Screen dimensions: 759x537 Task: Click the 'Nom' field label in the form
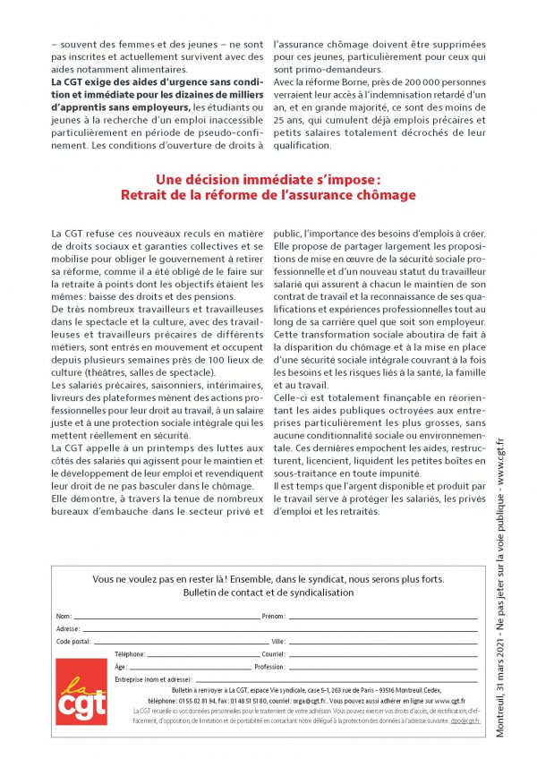(64, 617)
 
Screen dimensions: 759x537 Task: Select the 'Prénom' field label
(272, 617)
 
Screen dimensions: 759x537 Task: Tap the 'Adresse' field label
(68, 629)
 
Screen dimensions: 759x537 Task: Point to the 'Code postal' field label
(73, 642)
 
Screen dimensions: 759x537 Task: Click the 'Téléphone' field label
(131, 654)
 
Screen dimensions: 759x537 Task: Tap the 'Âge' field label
(121, 667)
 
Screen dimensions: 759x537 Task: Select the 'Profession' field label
(269, 667)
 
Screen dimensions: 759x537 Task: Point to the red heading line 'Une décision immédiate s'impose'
(268, 179)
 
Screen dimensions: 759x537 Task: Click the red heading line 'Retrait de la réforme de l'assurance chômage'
(268, 194)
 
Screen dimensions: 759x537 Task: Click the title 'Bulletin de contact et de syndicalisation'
(268, 593)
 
